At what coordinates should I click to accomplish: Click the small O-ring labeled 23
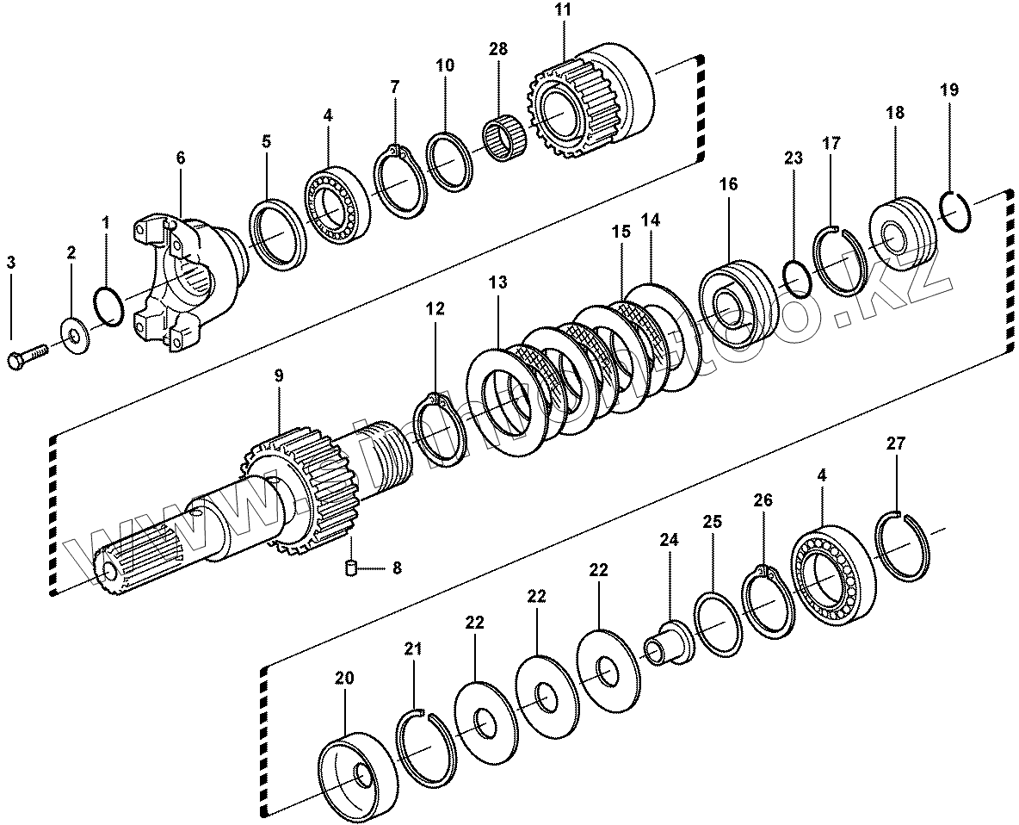tap(797, 276)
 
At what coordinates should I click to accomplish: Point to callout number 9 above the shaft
tap(279, 375)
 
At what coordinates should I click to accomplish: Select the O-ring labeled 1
tap(108, 305)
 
